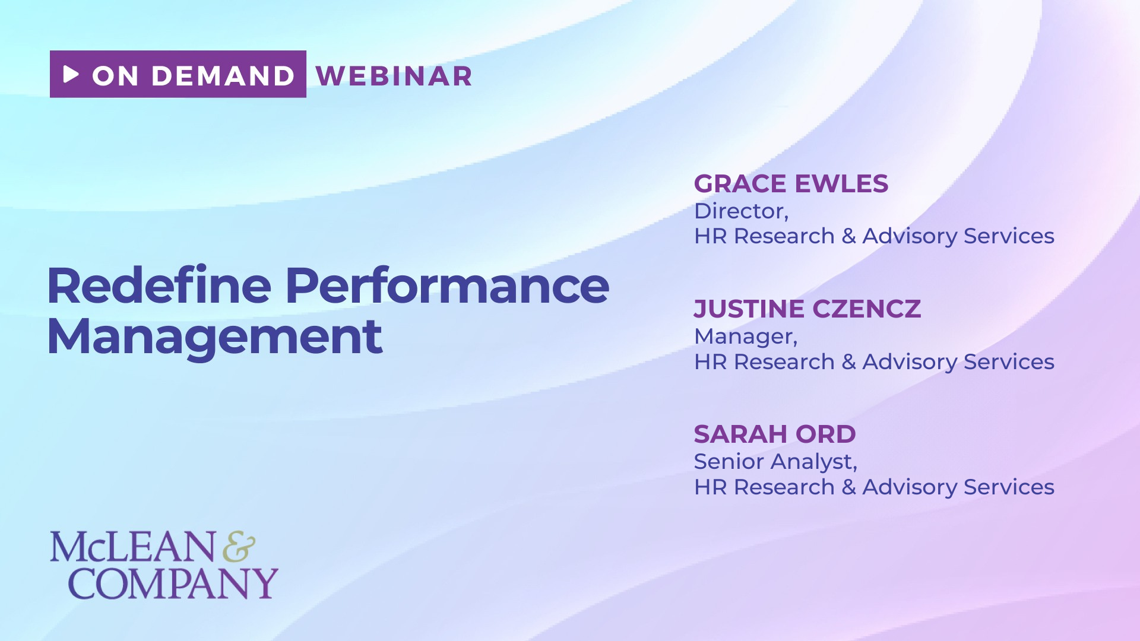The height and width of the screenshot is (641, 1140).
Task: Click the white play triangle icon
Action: pos(71,74)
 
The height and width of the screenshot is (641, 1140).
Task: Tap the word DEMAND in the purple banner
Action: pos(223,76)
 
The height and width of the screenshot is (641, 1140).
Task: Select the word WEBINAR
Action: pos(394,76)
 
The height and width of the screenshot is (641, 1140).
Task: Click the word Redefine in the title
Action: pos(159,285)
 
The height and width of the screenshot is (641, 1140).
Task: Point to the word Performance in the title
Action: pos(447,285)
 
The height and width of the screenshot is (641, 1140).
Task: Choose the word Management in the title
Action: pos(215,338)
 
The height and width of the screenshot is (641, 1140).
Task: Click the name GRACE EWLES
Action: pos(791,184)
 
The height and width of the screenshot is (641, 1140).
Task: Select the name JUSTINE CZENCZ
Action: pos(807,309)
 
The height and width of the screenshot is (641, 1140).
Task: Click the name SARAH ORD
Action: pos(775,434)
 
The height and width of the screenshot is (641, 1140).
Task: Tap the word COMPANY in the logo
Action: pos(173,583)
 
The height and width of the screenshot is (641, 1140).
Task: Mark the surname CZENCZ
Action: pos(866,309)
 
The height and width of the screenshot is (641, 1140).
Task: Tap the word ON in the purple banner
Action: pos(115,76)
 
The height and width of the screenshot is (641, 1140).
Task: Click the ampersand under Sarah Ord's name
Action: pos(848,487)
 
